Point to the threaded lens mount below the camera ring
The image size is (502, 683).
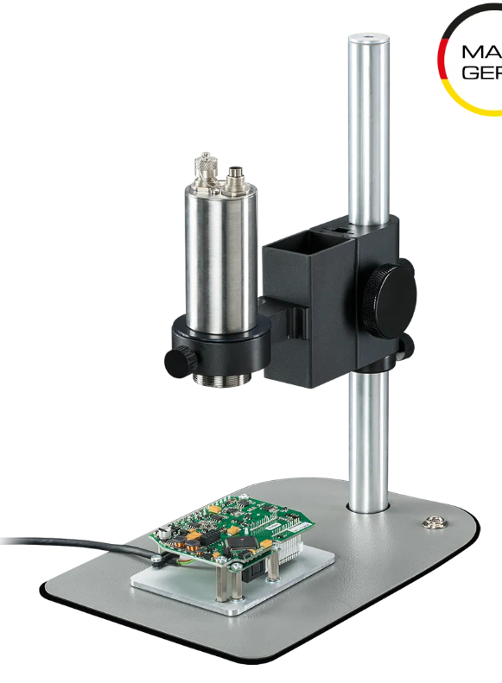(x=224, y=376)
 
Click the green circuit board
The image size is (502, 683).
(x=233, y=527)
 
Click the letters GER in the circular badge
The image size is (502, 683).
(x=481, y=73)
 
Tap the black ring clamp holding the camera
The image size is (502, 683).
(x=220, y=341)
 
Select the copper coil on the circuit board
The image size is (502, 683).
(x=189, y=544)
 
